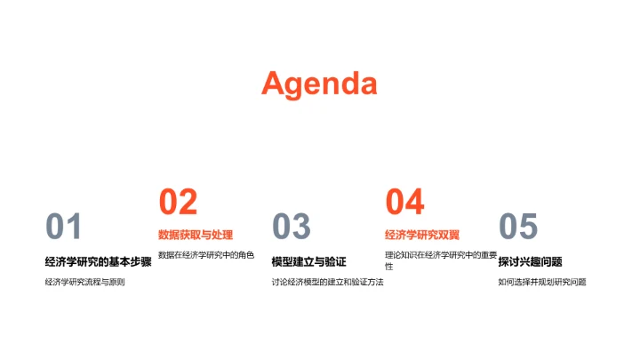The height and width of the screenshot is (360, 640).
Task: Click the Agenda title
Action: [x=319, y=84]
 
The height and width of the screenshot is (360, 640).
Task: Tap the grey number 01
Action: [x=63, y=228]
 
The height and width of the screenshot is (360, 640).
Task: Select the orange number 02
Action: [x=177, y=203]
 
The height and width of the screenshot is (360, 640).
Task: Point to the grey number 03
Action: [x=290, y=228]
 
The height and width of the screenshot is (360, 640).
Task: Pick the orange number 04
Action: [x=404, y=203]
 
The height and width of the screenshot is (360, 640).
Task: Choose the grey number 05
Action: [x=517, y=228]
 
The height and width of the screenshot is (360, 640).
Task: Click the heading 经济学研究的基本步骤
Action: [x=98, y=261]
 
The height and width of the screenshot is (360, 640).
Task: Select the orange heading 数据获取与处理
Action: [x=196, y=235]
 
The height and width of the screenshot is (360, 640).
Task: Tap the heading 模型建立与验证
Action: [x=308, y=261]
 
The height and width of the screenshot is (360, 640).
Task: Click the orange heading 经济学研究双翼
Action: [x=422, y=235]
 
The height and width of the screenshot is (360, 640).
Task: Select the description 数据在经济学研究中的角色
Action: [x=205, y=255]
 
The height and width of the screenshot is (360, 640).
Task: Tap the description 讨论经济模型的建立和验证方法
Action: [x=327, y=283]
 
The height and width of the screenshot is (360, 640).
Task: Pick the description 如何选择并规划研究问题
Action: [x=542, y=283]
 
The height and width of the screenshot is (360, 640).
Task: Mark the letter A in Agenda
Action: [x=275, y=84]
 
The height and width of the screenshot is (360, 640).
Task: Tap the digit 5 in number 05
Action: [x=529, y=228]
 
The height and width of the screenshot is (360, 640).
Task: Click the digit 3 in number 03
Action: [x=301, y=228]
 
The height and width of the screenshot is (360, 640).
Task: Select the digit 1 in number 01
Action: [x=74, y=228]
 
